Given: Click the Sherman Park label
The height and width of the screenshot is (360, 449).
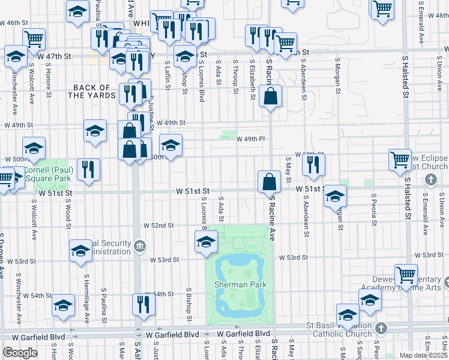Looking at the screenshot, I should tap(240, 284).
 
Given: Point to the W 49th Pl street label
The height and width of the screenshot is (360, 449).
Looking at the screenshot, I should tap(251, 139).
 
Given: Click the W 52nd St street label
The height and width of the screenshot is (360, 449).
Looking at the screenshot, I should tap(158, 226).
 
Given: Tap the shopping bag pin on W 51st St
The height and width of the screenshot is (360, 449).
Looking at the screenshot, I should tap(269, 182).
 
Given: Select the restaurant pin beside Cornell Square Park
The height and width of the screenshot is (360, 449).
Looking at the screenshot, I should tap(88, 169).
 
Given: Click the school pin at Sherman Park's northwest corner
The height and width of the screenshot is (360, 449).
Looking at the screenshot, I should tap(206, 242).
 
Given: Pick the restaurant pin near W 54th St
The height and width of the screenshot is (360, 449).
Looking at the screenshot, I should tap(143, 305).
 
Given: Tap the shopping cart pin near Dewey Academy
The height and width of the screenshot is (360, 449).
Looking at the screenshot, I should tap(406, 274).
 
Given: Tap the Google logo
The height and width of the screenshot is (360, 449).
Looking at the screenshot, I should tap(20, 353).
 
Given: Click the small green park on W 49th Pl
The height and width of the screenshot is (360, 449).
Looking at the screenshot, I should tap(229, 134).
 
